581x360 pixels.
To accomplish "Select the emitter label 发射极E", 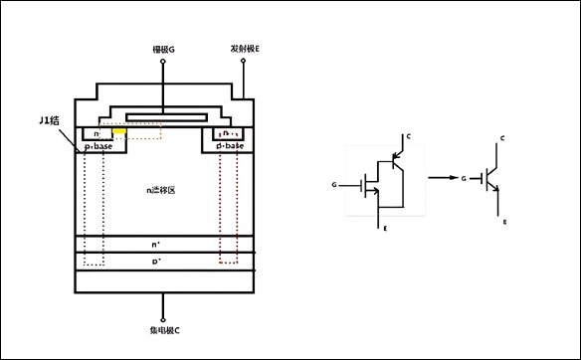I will pos(246,47).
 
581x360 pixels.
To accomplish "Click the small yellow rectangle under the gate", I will pos(119,131).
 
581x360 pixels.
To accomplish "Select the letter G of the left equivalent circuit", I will pos(334,185).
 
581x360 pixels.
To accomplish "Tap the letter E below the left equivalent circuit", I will pos(384,229).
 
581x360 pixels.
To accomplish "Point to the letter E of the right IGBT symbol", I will pos(504,222).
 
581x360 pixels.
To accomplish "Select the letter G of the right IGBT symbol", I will pos(464,179).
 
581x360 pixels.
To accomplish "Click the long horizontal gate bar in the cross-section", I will pos(164,114).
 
